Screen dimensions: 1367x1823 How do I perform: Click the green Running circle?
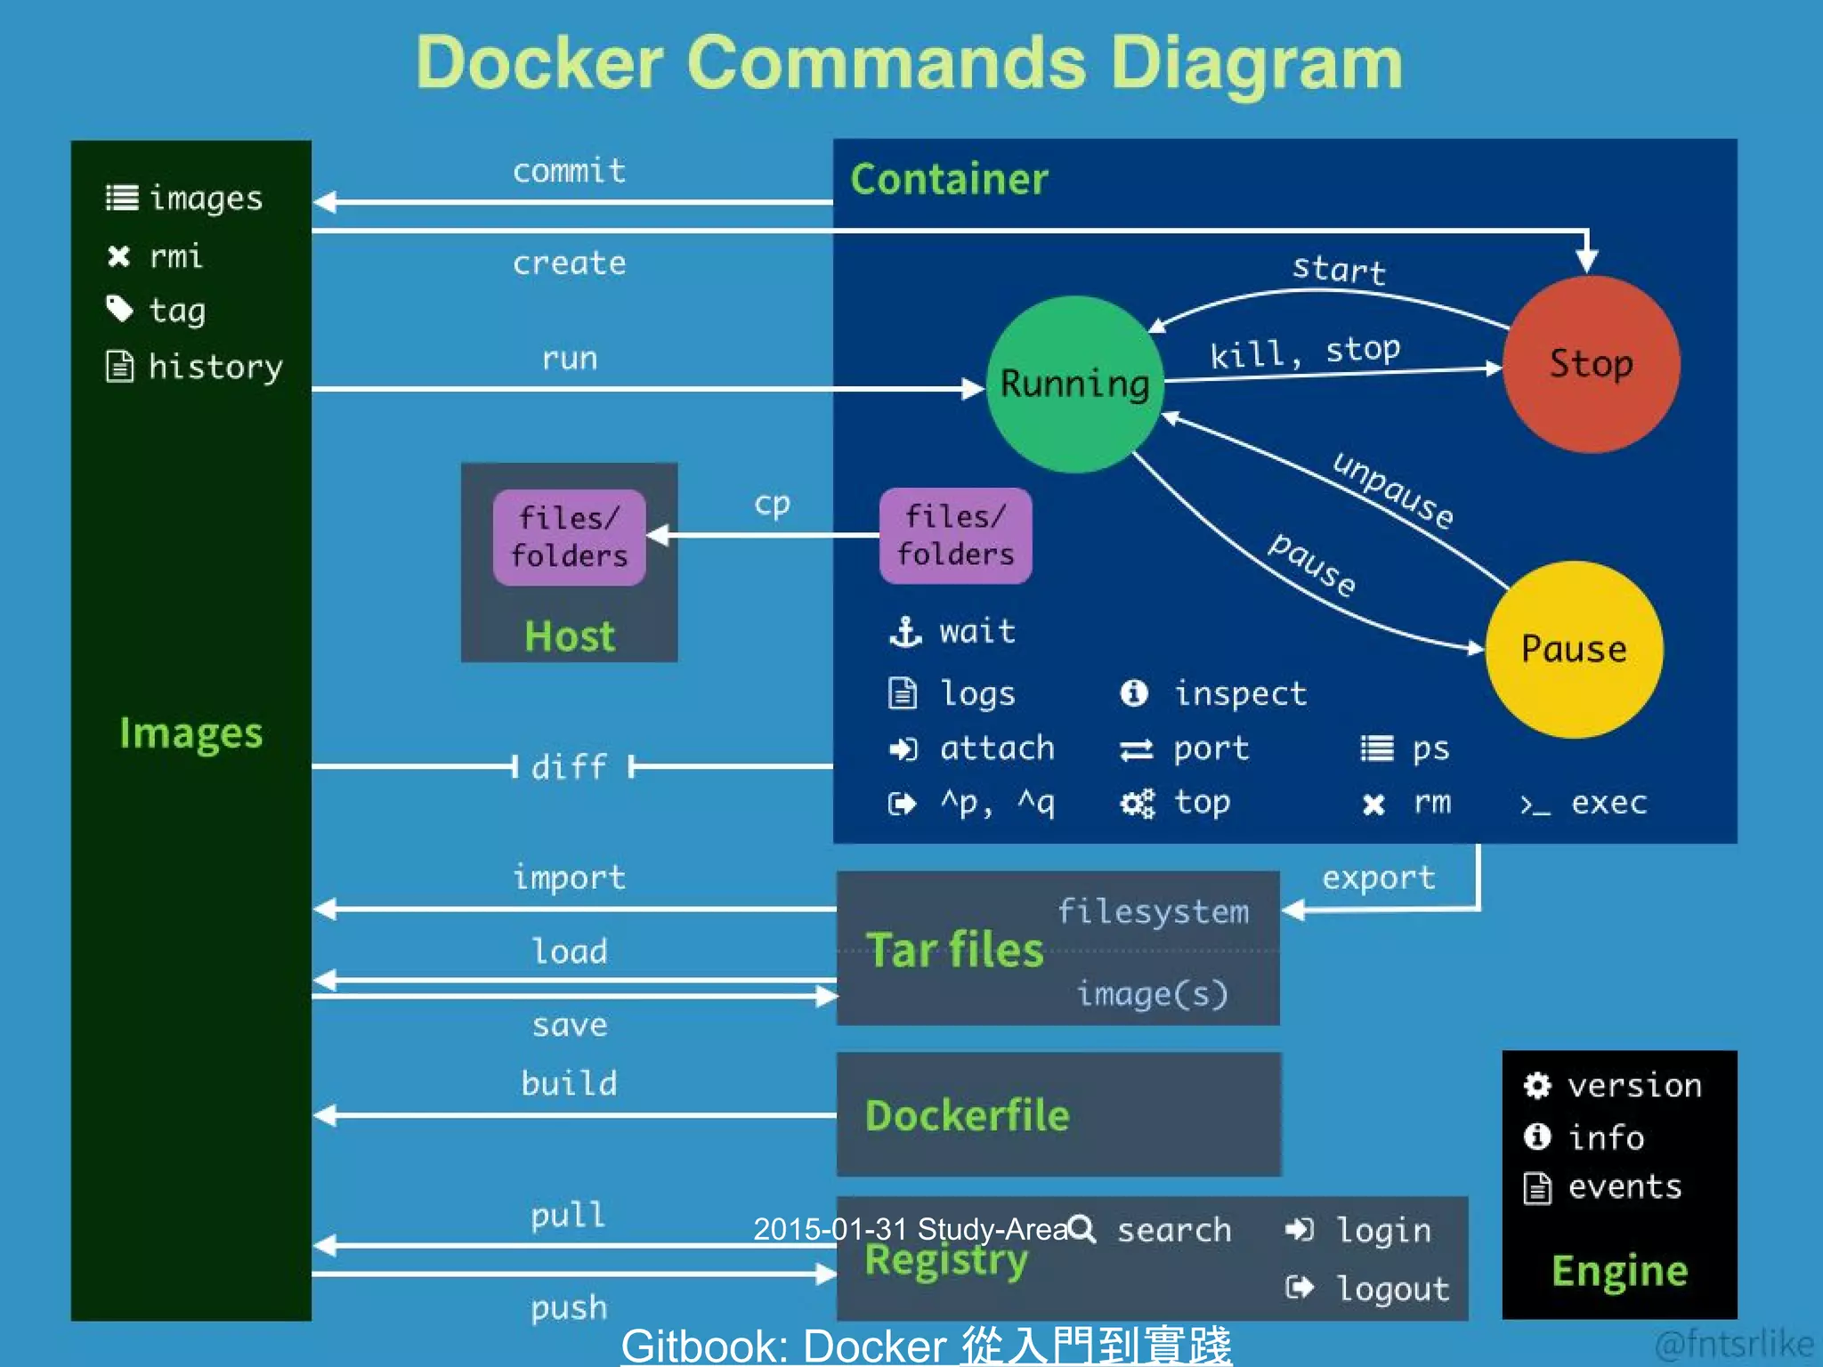pos(1074,384)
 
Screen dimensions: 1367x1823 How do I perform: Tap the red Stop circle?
pos(1591,364)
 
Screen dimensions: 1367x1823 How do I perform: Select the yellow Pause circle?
pos(1574,649)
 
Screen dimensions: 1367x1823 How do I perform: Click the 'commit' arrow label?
pos(569,170)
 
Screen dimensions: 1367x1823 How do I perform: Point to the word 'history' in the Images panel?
pos(215,367)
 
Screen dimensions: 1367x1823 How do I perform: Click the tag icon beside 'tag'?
pos(119,309)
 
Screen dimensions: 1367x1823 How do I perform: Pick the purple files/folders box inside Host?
pos(570,537)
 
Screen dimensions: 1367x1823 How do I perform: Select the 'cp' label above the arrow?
pos(772,504)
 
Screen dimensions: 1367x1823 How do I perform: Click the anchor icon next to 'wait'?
pos(905,632)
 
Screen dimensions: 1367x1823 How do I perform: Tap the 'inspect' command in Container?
pos(1240,693)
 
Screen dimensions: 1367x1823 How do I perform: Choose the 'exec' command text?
pos(1608,803)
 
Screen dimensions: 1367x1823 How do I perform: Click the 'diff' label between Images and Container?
pos(570,766)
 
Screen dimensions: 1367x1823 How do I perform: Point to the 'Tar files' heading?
pos(954,950)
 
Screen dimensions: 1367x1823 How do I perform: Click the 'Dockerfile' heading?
pos(968,1115)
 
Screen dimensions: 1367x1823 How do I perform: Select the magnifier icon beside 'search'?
pos(1082,1229)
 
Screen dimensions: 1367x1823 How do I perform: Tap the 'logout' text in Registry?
pos(1393,1288)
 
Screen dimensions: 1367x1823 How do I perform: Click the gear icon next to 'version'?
pos(1537,1085)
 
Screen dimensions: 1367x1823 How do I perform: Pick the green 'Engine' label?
pos(1619,1271)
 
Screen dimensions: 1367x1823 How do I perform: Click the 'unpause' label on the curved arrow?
pos(1392,489)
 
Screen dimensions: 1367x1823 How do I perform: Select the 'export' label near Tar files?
pos(1379,878)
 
